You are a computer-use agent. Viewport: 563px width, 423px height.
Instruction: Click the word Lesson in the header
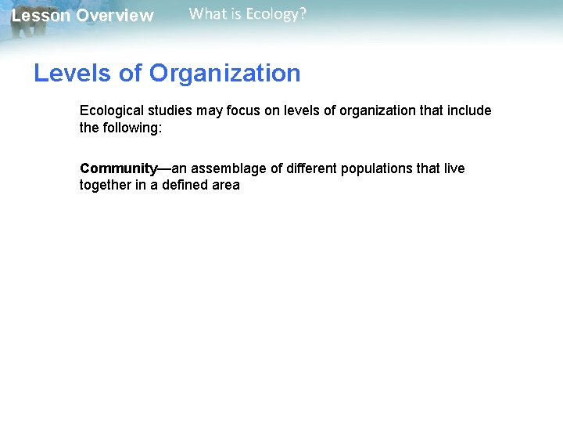coord(41,16)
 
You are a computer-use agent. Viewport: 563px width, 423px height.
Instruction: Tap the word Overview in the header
coord(115,16)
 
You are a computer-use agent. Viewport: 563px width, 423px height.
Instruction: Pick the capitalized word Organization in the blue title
coord(224,74)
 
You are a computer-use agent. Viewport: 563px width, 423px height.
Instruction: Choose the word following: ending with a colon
coord(131,127)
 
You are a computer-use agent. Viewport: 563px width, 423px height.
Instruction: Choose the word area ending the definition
coord(225,185)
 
